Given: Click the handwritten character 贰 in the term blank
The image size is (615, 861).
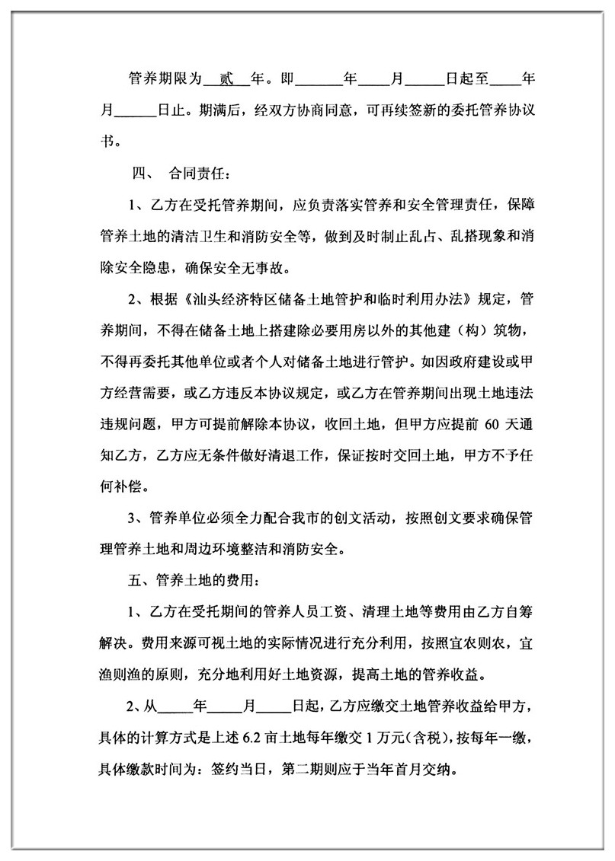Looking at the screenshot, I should click(225, 78).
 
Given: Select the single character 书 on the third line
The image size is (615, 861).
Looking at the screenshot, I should click(109, 141).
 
